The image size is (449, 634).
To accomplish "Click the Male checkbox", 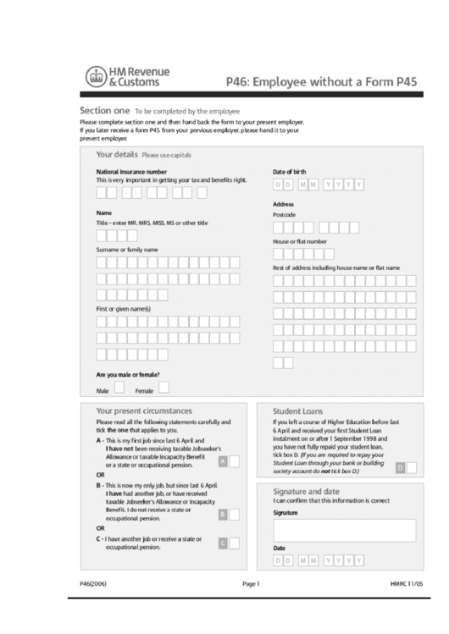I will coord(119,388).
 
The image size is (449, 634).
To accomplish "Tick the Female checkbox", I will coord(164,388).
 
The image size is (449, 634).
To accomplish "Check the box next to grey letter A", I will coord(235,461).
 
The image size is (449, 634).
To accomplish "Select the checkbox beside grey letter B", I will coord(235,513).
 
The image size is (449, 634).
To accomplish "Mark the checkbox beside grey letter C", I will coord(235,543).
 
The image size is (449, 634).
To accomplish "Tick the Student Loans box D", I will coord(412,466).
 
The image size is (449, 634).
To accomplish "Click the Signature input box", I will coord(344,530).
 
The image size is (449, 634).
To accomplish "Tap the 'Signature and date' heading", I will coord(306,491).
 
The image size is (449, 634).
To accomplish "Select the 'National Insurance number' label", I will coord(131,171).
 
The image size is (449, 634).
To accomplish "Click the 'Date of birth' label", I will coord(289,171).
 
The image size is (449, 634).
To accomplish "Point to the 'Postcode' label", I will coord(284,215).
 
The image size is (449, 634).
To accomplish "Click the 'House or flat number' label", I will coord(299,241).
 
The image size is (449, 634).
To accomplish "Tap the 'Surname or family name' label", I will coord(127,250).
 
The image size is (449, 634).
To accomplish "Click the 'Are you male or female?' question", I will coord(128,373).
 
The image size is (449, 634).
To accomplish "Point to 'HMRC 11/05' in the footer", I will coord(407,583).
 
